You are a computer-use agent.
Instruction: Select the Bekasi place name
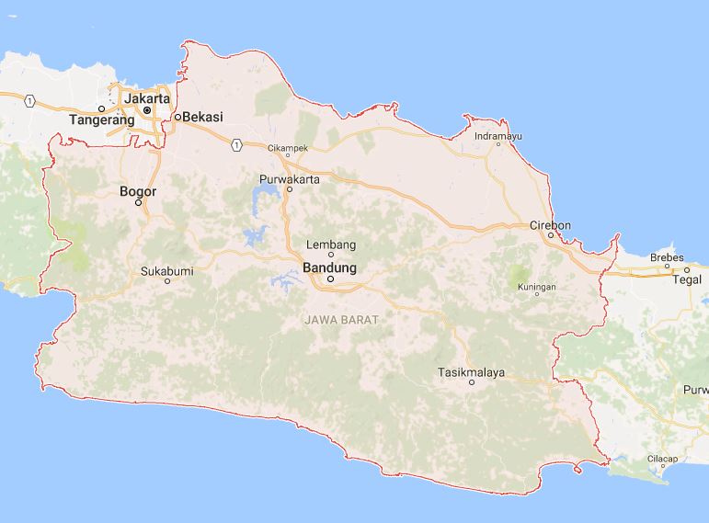(204, 117)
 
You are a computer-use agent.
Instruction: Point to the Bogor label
(138, 191)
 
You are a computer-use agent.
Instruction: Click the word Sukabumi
(168, 271)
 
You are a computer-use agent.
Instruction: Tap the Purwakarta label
(289, 178)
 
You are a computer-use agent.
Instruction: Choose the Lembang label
(330, 244)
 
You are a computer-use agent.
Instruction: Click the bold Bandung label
(329, 267)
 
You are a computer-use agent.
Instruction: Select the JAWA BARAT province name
(341, 319)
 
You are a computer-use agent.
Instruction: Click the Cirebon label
(551, 225)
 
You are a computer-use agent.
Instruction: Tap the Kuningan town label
(537, 288)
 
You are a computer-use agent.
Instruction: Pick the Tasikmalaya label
(472, 372)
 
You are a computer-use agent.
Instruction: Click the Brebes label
(667, 257)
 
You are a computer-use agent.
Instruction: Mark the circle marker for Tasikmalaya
(472, 383)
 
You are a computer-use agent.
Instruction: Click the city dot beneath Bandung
(329, 279)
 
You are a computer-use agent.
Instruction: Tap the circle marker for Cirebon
(551, 235)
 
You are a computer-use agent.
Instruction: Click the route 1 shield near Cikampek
(237, 144)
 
